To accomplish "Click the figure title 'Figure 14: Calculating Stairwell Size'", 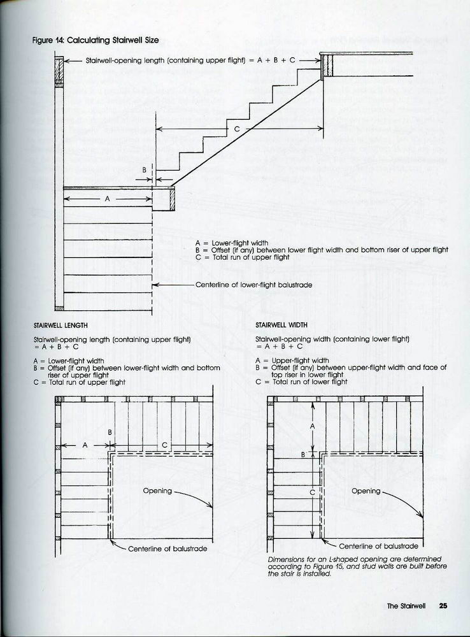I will click(96, 40).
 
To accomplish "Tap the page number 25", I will click(443, 606).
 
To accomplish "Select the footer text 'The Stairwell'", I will click(408, 606).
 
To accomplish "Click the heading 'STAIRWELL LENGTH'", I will click(61, 325).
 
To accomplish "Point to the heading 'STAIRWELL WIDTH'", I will click(281, 325).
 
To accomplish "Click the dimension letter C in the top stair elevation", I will click(237, 129).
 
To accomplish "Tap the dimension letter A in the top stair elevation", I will click(108, 199).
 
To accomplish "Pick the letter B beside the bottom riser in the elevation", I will click(145, 170).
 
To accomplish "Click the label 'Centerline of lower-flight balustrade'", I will click(253, 285).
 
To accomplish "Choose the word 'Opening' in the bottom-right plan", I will click(366, 491).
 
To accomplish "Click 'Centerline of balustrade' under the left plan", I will click(167, 548).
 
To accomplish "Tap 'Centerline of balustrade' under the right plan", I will click(378, 546).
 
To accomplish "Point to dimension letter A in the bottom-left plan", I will click(85, 445).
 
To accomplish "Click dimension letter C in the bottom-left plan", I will click(164, 445).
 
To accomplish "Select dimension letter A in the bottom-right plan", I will click(312, 427).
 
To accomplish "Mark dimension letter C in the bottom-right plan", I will click(312, 492).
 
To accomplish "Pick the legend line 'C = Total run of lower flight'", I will click(301, 382).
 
